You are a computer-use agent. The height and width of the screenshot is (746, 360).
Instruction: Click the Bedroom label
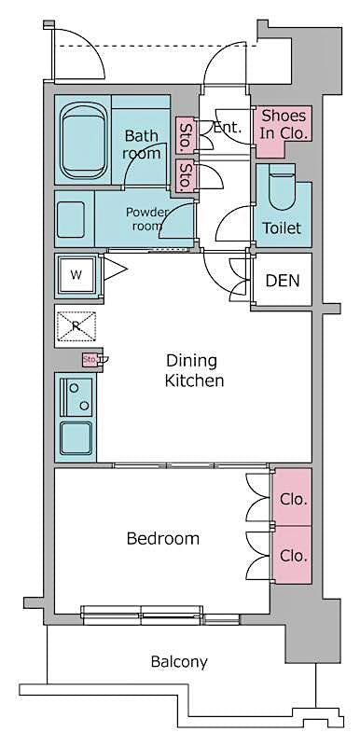tap(163, 538)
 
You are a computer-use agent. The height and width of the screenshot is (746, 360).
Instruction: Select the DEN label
tap(283, 281)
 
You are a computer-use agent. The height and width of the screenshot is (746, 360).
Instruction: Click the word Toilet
tap(281, 228)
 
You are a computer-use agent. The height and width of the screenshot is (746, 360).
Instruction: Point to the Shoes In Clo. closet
tap(284, 124)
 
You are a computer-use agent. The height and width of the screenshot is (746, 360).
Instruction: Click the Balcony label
tap(179, 662)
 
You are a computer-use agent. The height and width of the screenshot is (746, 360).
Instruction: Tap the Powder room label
tap(148, 218)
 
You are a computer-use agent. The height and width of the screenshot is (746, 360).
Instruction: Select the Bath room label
tap(142, 144)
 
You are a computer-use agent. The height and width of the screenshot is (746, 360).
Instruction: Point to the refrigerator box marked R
tap(76, 325)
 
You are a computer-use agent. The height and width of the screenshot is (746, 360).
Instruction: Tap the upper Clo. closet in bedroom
tap(293, 499)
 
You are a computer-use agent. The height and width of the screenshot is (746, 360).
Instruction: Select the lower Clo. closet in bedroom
tap(293, 553)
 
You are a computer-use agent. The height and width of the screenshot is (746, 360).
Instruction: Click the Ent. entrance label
tap(228, 129)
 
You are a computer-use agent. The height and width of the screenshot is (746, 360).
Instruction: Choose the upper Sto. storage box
tap(187, 130)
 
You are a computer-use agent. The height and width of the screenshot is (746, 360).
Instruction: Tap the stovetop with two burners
tap(75, 396)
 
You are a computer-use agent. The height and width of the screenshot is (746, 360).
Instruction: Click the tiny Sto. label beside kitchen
tap(90, 359)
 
